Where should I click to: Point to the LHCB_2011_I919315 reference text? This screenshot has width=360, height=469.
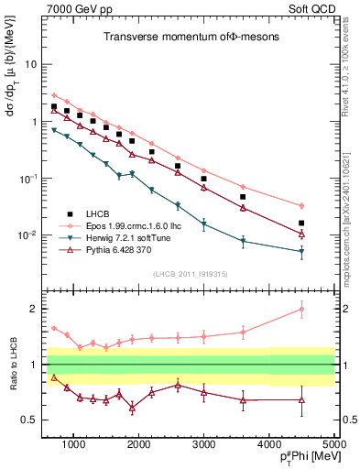tap(187, 274)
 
